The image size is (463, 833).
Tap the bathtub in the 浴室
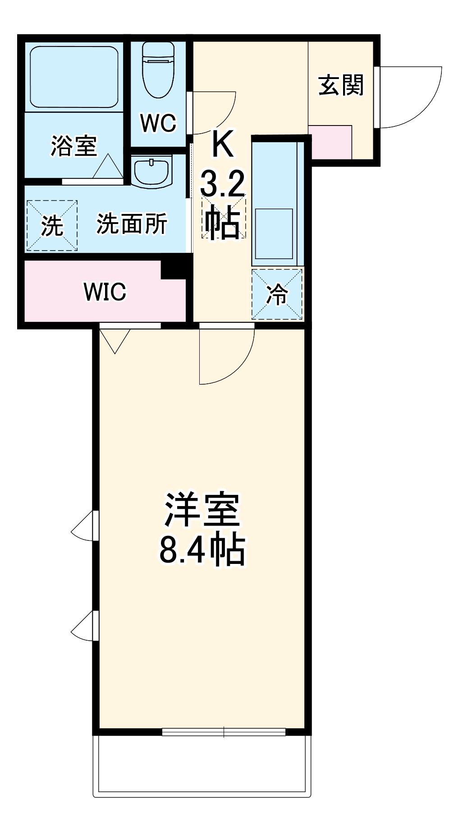click(74, 76)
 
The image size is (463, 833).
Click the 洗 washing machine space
click(52, 225)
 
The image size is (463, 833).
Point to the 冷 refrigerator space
click(276, 294)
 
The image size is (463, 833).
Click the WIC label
click(105, 292)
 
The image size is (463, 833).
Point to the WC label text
click(158, 123)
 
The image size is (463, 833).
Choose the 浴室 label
click(73, 145)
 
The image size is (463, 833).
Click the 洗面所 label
click(132, 223)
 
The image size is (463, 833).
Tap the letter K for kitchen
click(223, 144)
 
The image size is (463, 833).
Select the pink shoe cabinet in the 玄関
click(330, 142)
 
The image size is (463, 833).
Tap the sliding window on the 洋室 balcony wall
click(224, 732)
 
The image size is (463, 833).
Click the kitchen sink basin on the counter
click(274, 233)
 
